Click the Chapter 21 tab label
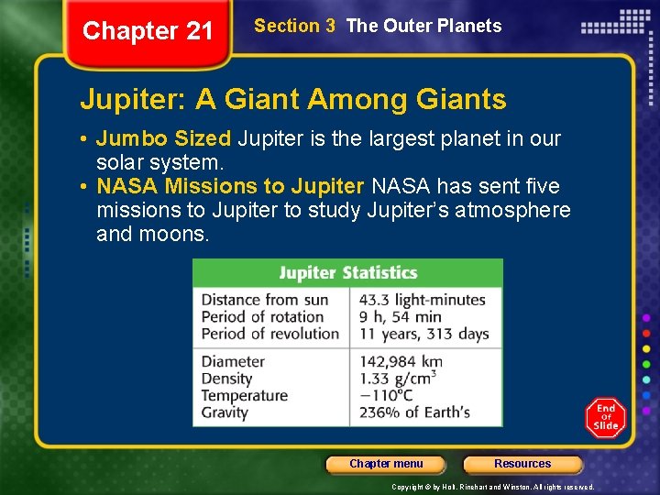click(148, 31)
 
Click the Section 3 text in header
click(294, 26)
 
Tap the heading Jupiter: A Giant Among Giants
click(292, 98)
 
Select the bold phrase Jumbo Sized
click(163, 139)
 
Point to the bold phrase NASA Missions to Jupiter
click(230, 187)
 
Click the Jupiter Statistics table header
click(347, 273)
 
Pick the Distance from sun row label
click(264, 300)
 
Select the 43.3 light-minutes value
click(422, 300)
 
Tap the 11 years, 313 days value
click(423, 335)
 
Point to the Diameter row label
click(233, 361)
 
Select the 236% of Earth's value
click(414, 412)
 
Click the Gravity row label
click(225, 412)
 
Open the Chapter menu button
click(386, 464)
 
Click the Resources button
click(522, 464)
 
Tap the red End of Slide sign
click(605, 417)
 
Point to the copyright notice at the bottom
click(492, 487)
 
